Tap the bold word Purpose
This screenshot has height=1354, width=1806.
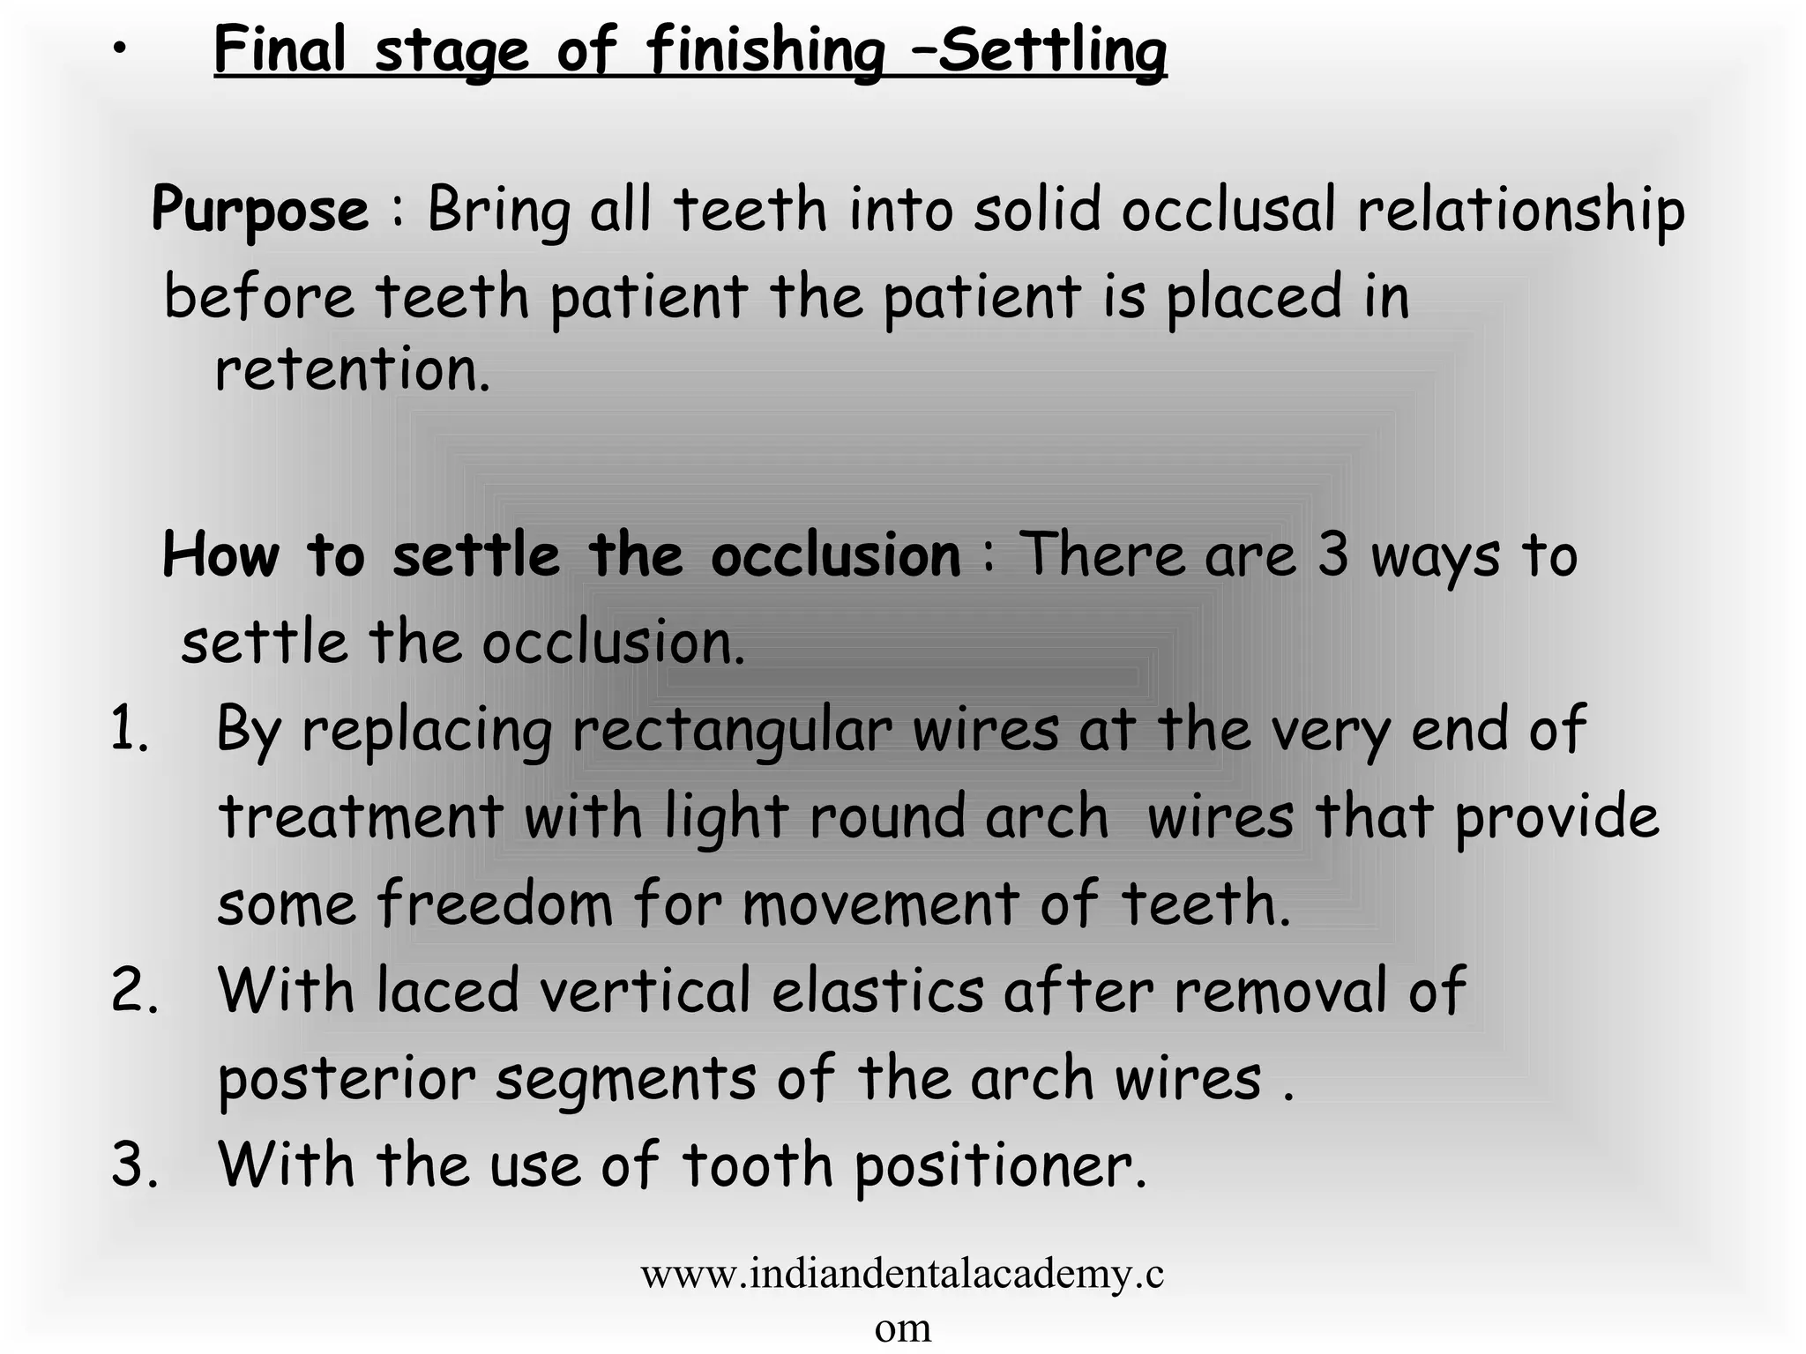(260, 211)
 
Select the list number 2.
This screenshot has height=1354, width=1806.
(134, 991)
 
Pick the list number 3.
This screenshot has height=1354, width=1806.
(134, 1164)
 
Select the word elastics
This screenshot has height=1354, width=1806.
(877, 991)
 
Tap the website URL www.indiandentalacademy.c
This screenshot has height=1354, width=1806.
(902, 1274)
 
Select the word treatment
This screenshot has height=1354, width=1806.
(361, 816)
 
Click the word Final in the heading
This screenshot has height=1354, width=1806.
(280, 50)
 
